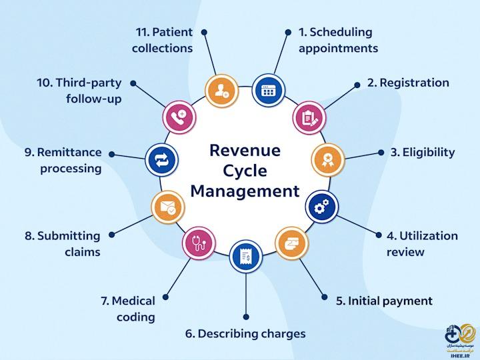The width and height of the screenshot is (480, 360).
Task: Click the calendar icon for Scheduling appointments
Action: [x=268, y=90]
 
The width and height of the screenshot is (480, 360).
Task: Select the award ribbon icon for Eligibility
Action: [x=328, y=160]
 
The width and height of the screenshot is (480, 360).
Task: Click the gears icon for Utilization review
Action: [x=321, y=208]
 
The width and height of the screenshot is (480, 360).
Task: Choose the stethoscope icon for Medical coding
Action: [x=198, y=242]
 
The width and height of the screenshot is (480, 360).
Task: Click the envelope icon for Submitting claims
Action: [x=167, y=207]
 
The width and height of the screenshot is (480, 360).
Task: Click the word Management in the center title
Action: [x=245, y=191]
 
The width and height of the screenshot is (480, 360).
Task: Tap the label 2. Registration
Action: [x=408, y=83]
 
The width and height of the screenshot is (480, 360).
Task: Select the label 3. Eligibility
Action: [x=423, y=152]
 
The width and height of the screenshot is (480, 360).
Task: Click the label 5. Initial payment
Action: [x=384, y=301]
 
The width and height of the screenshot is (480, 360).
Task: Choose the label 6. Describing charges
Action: [x=246, y=333]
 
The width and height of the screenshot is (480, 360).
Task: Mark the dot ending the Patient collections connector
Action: [x=204, y=31]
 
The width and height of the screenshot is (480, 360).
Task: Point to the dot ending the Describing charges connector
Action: [x=246, y=317]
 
